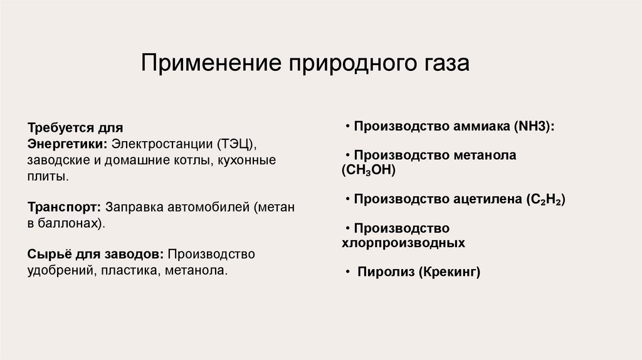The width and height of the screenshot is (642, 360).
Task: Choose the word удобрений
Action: (58, 271)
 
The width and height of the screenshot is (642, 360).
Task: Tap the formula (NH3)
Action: (534, 125)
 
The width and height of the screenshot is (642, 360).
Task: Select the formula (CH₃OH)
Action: (369, 170)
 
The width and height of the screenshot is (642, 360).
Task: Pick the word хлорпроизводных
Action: (403, 243)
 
